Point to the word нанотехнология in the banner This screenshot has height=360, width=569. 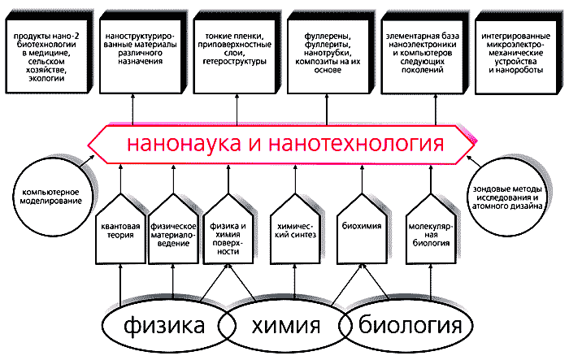(358, 145)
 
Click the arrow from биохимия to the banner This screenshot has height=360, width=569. (360, 177)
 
